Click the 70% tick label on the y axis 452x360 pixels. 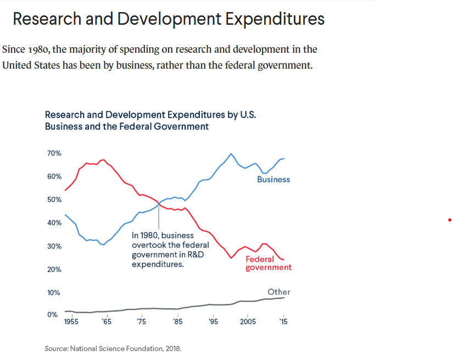pyautogui.click(x=53, y=153)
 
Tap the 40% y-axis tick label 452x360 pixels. pyautogui.click(x=53, y=223)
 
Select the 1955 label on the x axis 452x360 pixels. pyautogui.click(x=71, y=322)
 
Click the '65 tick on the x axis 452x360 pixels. pyautogui.click(x=107, y=322)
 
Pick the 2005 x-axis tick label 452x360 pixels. pyautogui.click(x=248, y=322)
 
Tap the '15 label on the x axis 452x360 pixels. pyautogui.click(x=283, y=322)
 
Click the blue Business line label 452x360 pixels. pyautogui.click(x=274, y=180)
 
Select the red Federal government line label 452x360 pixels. pyautogui.click(x=268, y=263)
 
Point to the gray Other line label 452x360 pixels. pyautogui.click(x=279, y=292)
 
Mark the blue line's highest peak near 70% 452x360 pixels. pyautogui.click(x=231, y=154)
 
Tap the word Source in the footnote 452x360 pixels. pyautogui.click(x=56, y=348)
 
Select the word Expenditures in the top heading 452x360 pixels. pyautogui.click(x=270, y=19)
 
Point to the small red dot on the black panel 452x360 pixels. pyautogui.click(x=450, y=220)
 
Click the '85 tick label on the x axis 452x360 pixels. pyautogui.click(x=177, y=322)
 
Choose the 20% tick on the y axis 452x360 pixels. pyautogui.click(x=53, y=270)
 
